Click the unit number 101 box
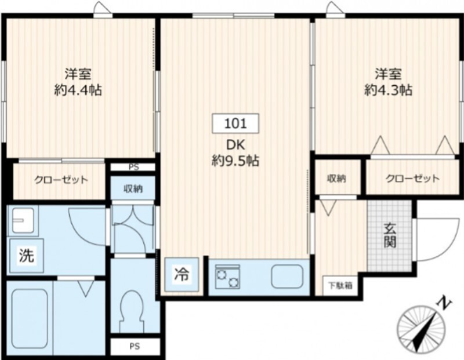point(235,123)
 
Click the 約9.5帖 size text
point(235,162)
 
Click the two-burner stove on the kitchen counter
point(227,277)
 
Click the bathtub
point(29,316)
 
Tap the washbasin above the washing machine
point(21,221)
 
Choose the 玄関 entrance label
point(390,235)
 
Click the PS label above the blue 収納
point(133,167)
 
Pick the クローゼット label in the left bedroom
point(61,180)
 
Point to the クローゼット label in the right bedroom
point(412,179)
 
